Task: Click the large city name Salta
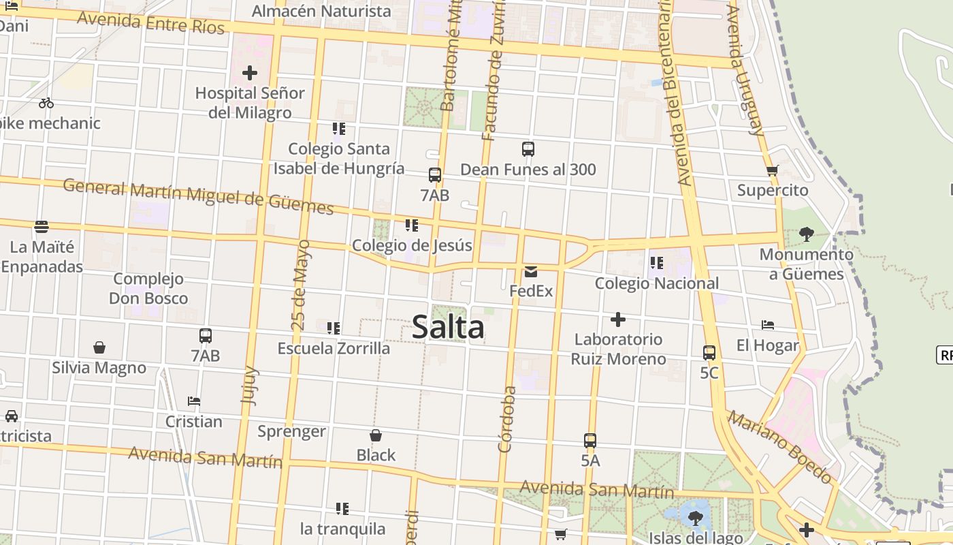(448, 328)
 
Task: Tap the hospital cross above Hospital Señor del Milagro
(250, 72)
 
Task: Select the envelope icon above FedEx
(531, 272)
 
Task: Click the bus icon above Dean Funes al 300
(528, 149)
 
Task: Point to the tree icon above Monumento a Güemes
(806, 234)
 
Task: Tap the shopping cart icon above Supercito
(772, 170)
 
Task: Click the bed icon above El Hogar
(768, 325)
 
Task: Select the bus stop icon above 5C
(709, 353)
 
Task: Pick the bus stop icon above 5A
(590, 441)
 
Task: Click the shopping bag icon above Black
(375, 435)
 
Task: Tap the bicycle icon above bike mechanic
(46, 104)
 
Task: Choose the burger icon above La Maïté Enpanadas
(42, 226)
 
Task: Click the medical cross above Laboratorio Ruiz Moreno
(618, 319)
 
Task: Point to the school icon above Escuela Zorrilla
(334, 328)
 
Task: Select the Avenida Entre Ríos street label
(150, 22)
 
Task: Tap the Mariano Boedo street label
(779, 446)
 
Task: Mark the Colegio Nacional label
(657, 283)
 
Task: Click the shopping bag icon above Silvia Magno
(99, 347)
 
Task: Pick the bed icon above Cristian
(194, 401)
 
